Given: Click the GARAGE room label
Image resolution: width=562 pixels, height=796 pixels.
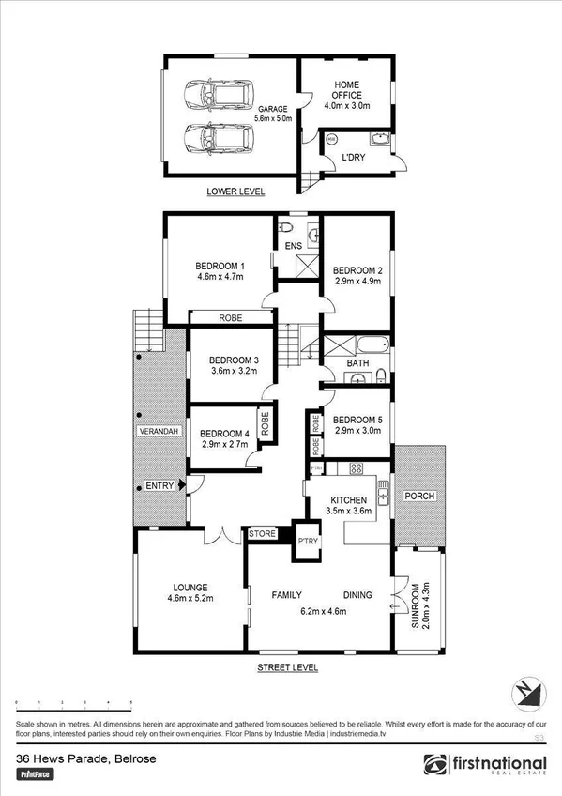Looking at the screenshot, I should (274, 109).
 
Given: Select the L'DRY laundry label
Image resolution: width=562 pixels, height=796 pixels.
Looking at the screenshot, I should (354, 157).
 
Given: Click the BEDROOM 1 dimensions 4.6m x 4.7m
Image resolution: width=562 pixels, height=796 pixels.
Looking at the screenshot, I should (220, 277).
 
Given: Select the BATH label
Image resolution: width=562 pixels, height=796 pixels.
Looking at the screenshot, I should (357, 361).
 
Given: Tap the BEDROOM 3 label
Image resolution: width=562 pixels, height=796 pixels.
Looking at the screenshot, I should (234, 360).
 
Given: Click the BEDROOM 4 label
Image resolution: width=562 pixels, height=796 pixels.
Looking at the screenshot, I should (224, 433).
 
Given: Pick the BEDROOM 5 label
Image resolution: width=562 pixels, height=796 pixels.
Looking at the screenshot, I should (357, 420).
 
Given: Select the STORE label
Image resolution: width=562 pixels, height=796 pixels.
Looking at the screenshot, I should (263, 534).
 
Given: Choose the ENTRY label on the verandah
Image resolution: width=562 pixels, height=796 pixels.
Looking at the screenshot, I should (159, 486).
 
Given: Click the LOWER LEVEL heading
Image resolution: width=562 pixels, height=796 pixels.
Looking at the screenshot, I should (235, 191).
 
